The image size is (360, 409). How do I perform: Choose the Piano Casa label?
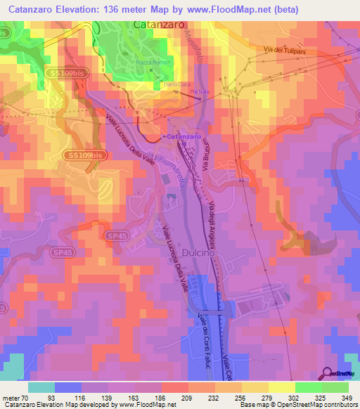click(x=174, y=83)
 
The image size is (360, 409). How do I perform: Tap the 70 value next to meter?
click(x=27, y=398)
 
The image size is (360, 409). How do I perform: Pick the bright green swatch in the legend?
click(x=308, y=387)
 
